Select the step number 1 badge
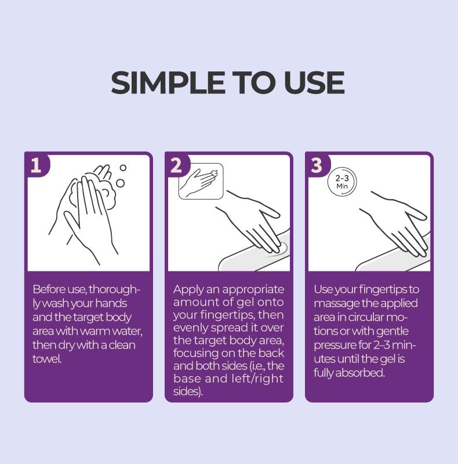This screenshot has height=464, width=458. pyautogui.click(x=36, y=165)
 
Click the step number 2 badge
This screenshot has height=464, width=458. pyautogui.click(x=176, y=165)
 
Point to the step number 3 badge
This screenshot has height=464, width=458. pyautogui.click(x=317, y=165)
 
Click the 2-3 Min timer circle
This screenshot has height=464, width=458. pyautogui.click(x=342, y=182)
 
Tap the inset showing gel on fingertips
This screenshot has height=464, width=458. pyautogui.click(x=201, y=181)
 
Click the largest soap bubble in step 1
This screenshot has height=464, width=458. pyautogui.click(x=120, y=183)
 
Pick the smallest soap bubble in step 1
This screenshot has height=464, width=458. pyautogui.click(x=123, y=168)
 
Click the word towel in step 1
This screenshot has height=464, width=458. pyautogui.click(x=47, y=358)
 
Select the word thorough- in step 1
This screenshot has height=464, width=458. pyautogui.click(x=114, y=289)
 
